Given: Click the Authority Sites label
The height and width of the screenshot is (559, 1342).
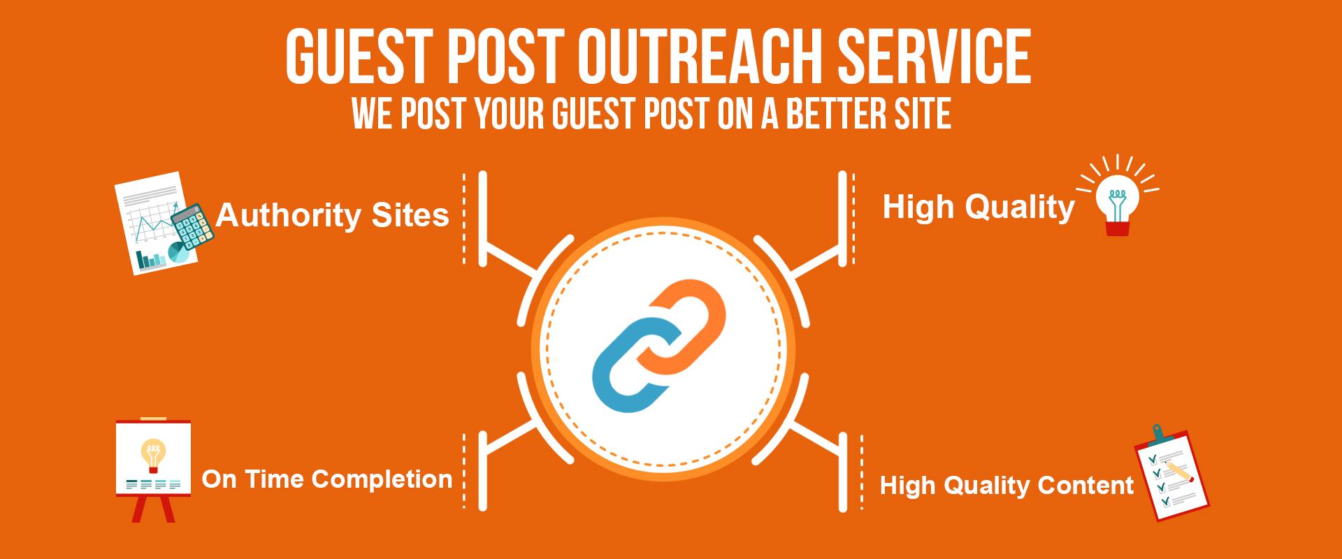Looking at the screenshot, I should tap(332, 215).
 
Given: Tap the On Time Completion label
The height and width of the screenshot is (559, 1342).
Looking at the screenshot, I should tap(326, 479).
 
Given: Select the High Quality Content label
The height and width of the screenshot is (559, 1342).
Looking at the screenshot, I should tap(1006, 485).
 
